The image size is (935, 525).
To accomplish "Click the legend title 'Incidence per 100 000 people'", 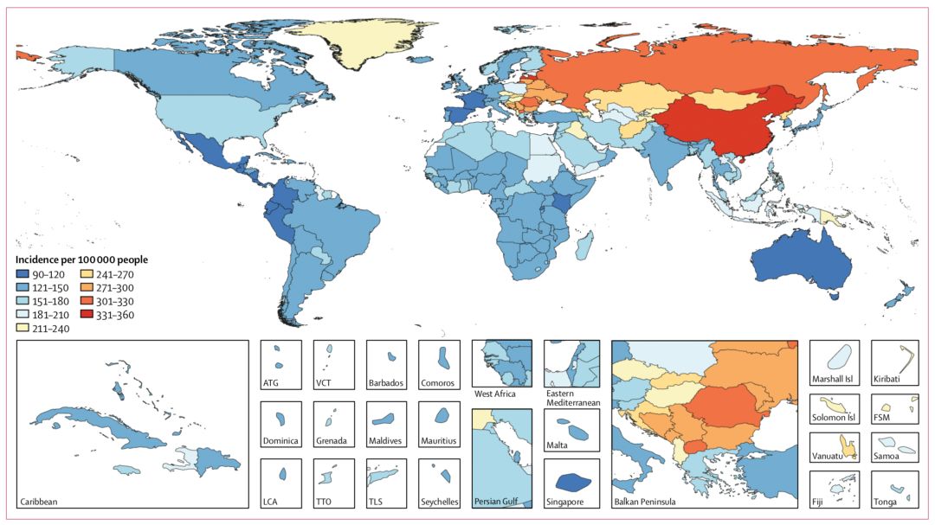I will [x=81, y=259].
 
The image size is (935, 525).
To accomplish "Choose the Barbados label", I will [x=387, y=383].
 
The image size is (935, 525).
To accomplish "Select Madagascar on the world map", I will [x=584, y=244].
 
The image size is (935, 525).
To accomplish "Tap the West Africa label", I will [x=495, y=394].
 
